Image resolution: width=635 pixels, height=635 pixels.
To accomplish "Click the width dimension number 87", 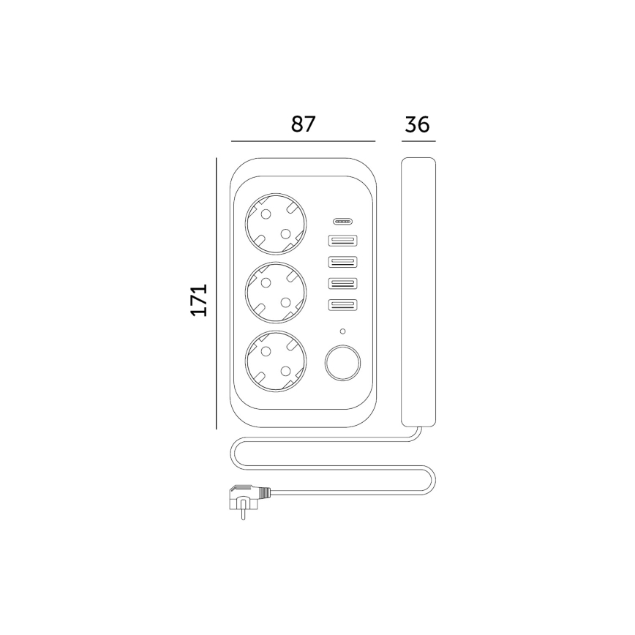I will click(303, 124).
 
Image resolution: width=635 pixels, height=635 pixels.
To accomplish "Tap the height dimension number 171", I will click(200, 299).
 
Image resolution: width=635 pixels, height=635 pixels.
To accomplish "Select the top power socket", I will click(274, 222).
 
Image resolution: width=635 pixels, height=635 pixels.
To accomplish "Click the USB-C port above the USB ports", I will click(342, 221).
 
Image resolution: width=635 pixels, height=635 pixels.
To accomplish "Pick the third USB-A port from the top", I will click(342, 284).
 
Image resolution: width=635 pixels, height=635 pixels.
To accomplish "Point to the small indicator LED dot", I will click(342, 331).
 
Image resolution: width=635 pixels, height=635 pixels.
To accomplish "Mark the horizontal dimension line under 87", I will click(303, 140).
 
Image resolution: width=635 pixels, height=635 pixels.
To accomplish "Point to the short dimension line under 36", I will click(418, 140).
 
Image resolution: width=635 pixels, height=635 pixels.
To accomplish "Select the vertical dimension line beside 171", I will click(217, 293).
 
